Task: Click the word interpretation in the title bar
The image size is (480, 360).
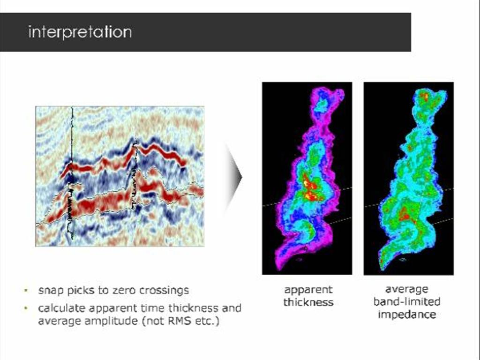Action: point(80,32)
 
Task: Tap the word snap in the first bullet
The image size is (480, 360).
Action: point(50,290)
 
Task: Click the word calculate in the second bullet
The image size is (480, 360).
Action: point(60,308)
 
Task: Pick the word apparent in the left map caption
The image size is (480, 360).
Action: point(308,290)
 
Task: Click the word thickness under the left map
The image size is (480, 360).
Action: point(308,302)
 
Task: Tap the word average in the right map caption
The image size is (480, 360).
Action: point(406,289)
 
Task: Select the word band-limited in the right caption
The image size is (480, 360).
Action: point(406,301)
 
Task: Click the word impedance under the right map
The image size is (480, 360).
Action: point(406,314)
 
